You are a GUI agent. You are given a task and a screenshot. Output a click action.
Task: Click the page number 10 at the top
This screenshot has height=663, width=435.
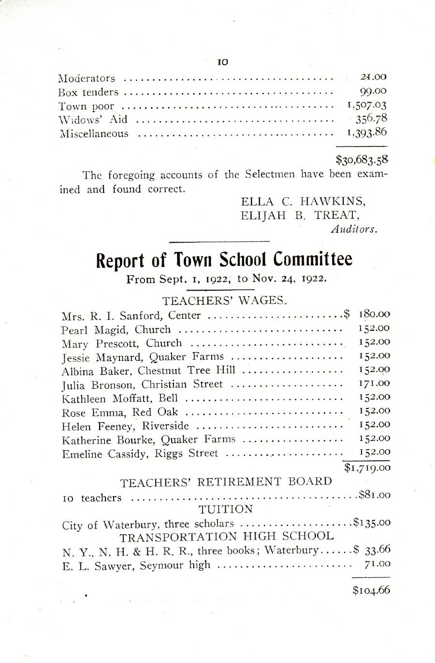pyautogui.click(x=222, y=62)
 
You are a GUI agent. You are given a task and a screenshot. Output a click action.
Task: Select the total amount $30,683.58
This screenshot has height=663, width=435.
pyautogui.click(x=362, y=159)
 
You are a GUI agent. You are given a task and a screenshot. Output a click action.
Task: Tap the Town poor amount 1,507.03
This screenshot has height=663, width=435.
pyautogui.click(x=367, y=105)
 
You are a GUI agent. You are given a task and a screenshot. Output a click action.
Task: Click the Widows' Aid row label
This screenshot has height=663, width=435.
pyautogui.click(x=93, y=119)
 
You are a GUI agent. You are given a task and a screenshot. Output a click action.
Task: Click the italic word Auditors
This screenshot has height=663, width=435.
pyautogui.click(x=353, y=230)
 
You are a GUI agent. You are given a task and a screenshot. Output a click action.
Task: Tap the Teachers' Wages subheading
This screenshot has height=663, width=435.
pyautogui.click(x=225, y=301)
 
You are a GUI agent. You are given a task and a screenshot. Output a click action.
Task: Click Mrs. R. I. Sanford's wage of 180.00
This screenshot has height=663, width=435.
pyautogui.click(x=374, y=314)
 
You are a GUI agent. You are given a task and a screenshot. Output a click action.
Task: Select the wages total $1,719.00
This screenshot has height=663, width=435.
pyautogui.click(x=367, y=467)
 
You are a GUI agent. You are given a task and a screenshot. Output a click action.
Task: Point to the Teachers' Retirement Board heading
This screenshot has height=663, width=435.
pyautogui.click(x=226, y=482)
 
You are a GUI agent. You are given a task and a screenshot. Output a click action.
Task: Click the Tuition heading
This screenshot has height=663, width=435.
pyautogui.click(x=226, y=509)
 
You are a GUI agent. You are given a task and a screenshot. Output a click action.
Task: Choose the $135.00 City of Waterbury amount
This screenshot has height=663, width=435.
pyautogui.click(x=371, y=523)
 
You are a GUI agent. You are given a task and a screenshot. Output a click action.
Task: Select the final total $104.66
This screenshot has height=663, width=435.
pyautogui.click(x=371, y=590)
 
